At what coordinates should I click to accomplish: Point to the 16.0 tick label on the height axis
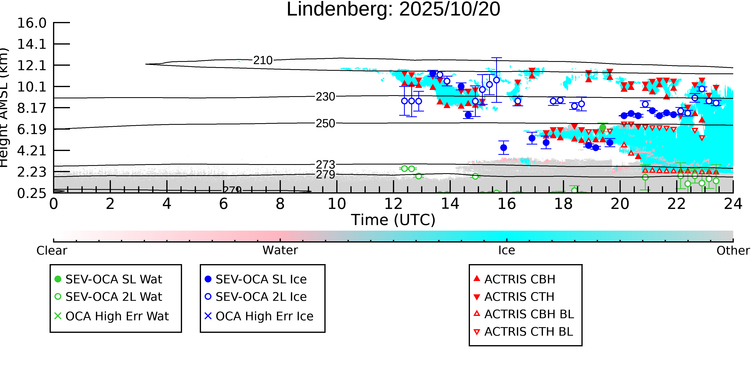coord(32,23)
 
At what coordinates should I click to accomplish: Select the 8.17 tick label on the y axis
coord(32,108)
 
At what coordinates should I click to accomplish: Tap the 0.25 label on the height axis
coord(32,193)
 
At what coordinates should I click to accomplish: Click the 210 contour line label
coord(263,60)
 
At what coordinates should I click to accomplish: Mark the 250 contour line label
coord(325,124)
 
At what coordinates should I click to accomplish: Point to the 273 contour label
coord(325,165)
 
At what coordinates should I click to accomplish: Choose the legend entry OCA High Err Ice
coord(264,316)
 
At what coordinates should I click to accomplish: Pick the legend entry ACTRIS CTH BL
coord(528,332)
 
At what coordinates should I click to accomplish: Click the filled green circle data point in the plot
coord(603,128)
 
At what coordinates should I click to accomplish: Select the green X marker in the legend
coord(58,316)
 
